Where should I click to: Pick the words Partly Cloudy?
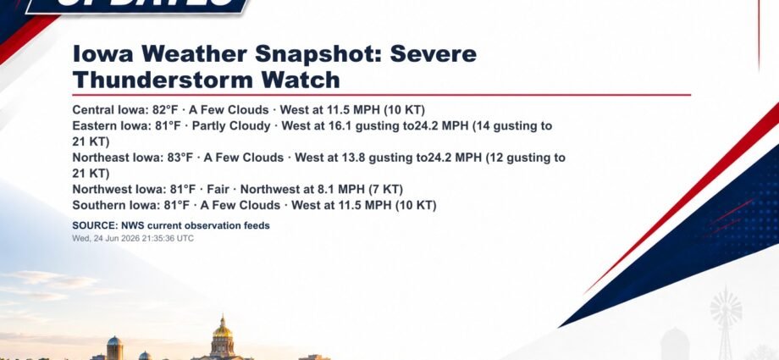coord(231,126)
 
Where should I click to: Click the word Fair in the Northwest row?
coord(218,190)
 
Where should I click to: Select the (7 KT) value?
coord(386,190)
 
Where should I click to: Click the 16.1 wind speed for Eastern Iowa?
coord(340,126)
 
